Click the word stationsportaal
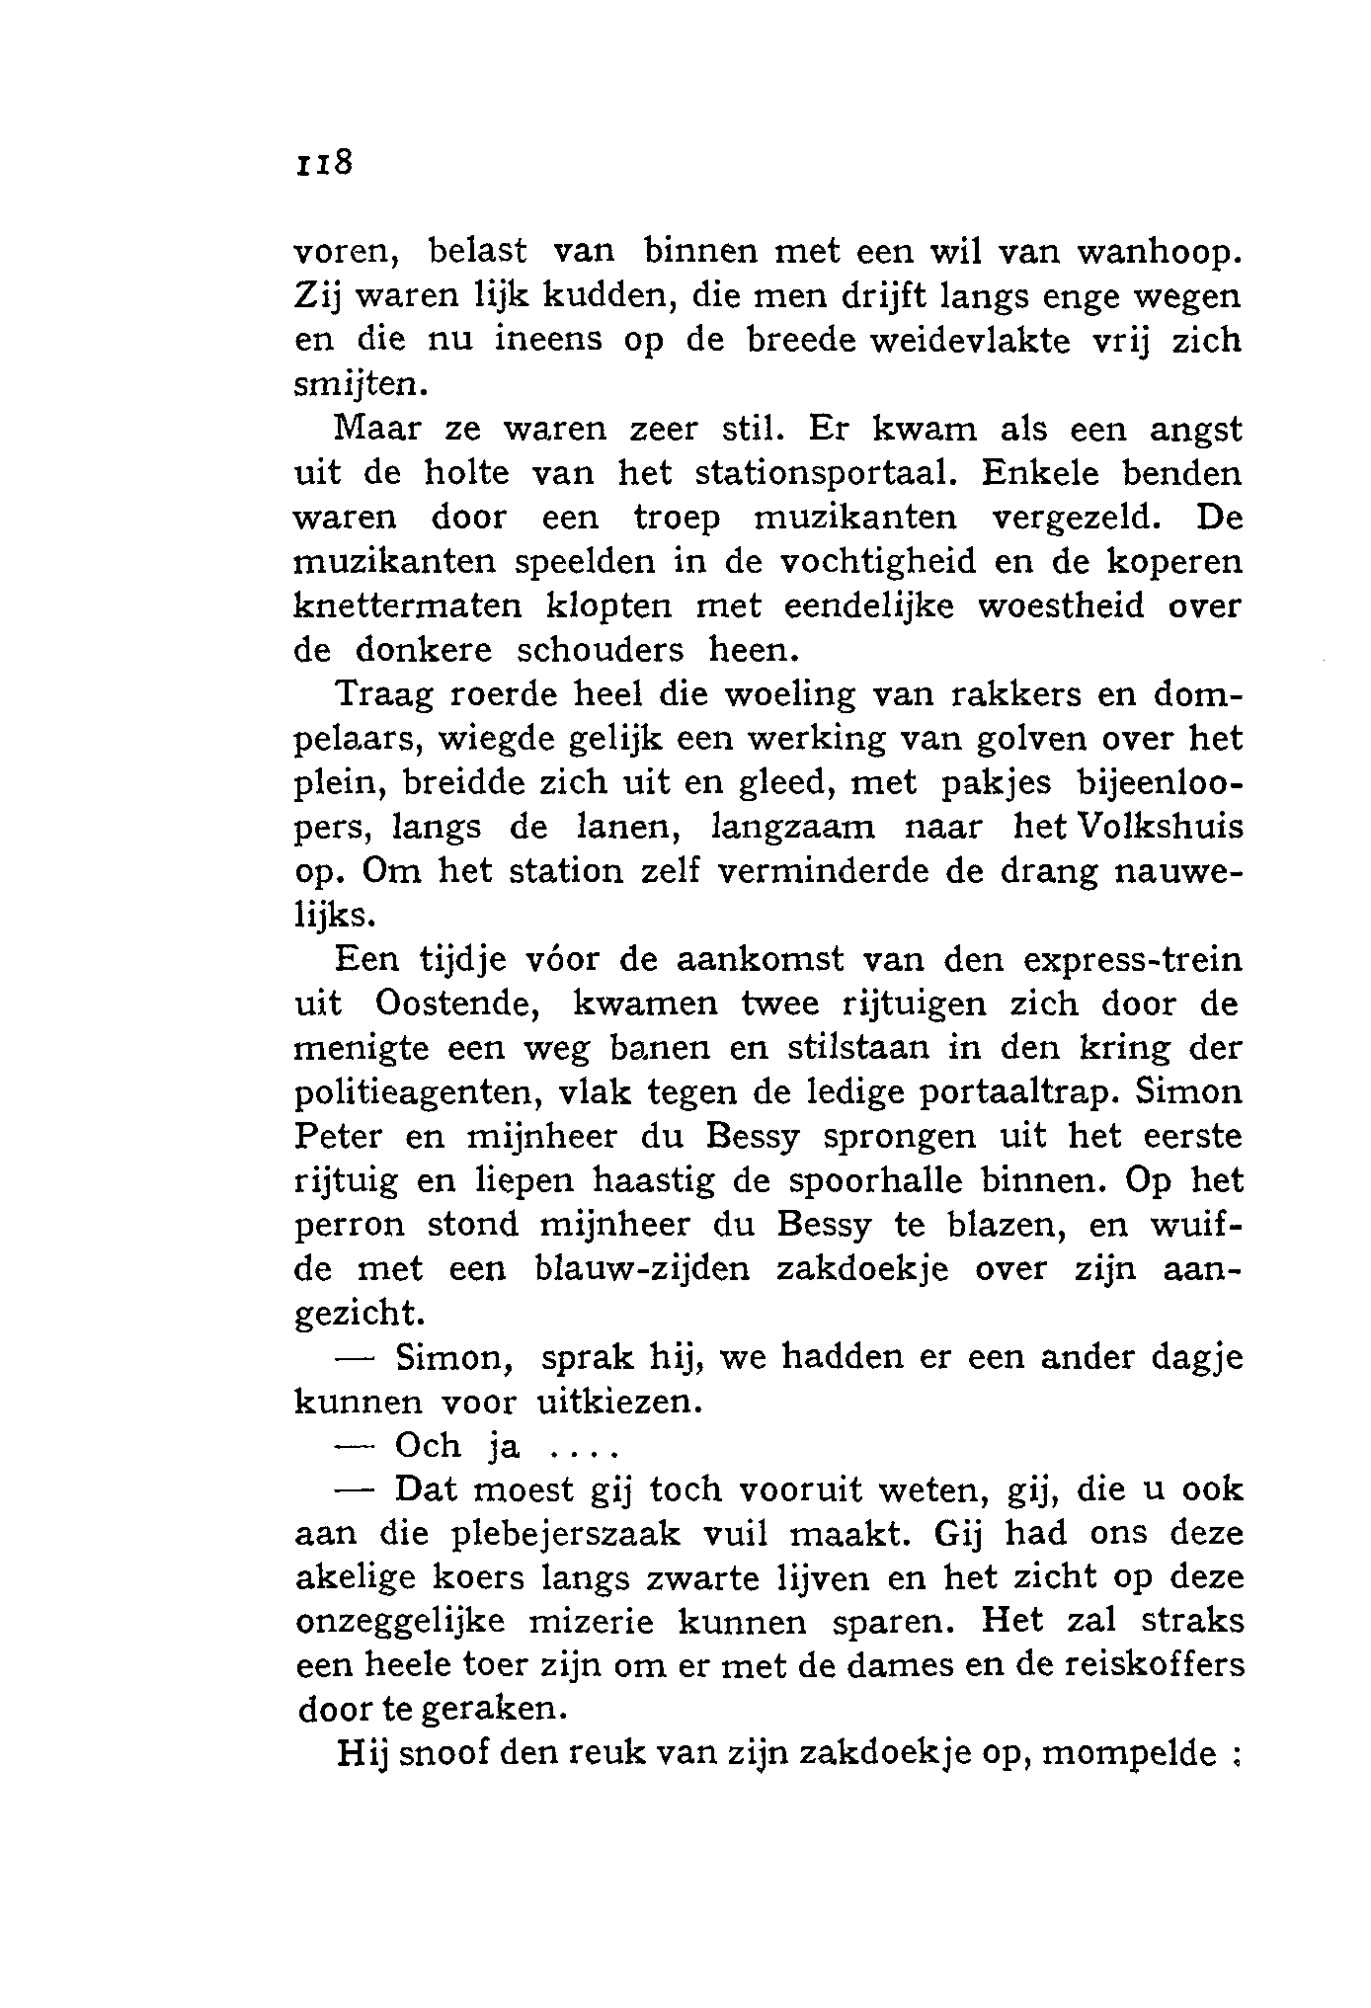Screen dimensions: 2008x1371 point(826,474)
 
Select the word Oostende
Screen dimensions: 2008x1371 point(456,1004)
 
